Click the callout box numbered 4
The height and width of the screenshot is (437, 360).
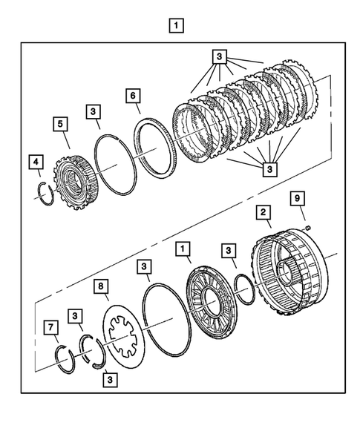(x=34, y=161)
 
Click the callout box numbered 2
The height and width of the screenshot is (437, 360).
(x=262, y=212)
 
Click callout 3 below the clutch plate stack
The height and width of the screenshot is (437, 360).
(x=269, y=169)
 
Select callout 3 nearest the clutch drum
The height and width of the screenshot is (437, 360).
(x=231, y=252)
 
